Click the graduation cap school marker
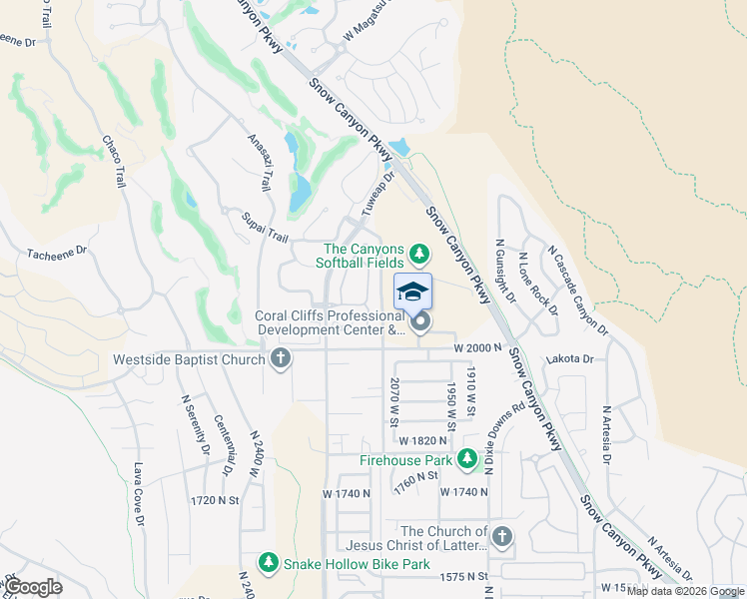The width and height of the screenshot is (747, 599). pyautogui.click(x=412, y=293)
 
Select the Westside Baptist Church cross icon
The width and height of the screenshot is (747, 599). pyautogui.click(x=281, y=358)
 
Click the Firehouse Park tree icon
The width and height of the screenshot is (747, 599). pyautogui.click(x=466, y=460)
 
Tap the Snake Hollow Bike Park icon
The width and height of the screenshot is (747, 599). pyautogui.click(x=268, y=564)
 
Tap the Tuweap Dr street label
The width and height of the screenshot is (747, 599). pyautogui.click(x=378, y=194)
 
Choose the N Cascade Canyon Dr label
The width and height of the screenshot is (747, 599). pyautogui.click(x=576, y=291)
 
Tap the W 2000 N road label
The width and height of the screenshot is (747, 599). pyautogui.click(x=474, y=347)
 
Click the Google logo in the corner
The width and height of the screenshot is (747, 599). pyautogui.click(x=33, y=587)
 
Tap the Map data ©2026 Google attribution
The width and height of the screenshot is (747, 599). pyautogui.click(x=685, y=591)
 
